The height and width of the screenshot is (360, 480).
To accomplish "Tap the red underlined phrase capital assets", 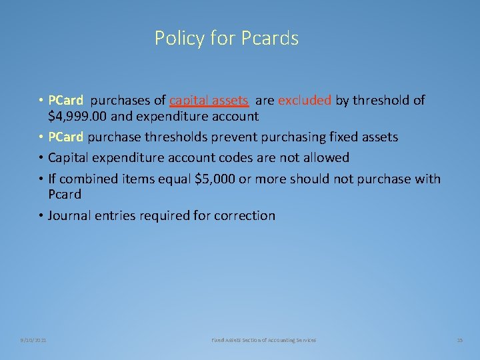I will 209,101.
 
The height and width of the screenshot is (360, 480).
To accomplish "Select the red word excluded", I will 304,101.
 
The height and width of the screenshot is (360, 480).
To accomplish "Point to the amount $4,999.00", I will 79,116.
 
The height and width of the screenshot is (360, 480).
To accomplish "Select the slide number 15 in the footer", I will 459,340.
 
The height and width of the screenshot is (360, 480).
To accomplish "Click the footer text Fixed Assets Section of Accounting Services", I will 264,340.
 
